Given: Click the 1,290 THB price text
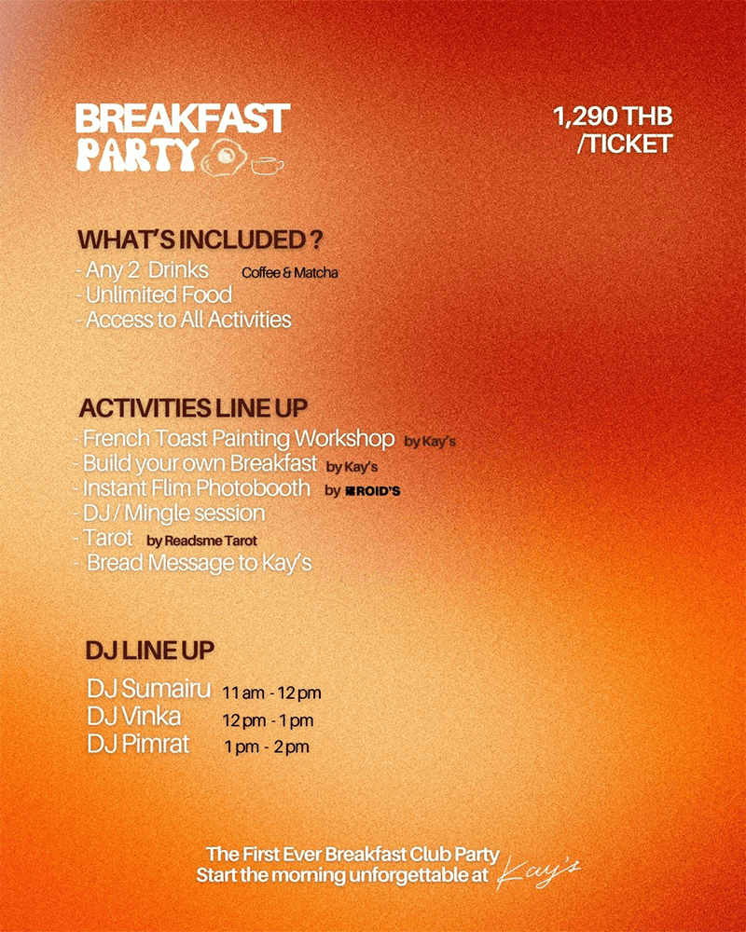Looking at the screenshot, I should [x=613, y=117].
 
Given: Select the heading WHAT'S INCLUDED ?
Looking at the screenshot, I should [x=200, y=240].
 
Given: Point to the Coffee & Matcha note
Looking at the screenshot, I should [x=289, y=273].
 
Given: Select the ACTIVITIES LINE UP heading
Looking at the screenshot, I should [x=193, y=408].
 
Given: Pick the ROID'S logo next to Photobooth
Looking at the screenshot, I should [x=372, y=490].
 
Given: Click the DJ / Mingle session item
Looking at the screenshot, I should [x=170, y=513].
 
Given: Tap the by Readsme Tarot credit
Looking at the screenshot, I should [x=201, y=540].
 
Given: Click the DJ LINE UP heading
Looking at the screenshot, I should [x=149, y=650].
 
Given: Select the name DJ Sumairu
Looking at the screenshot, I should [x=148, y=690].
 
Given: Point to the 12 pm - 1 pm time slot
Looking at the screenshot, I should [x=268, y=720].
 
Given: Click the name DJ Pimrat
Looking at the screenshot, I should [x=137, y=745].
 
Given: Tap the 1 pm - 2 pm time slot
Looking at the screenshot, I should [x=267, y=747].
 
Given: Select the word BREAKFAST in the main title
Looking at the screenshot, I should [x=183, y=119].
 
